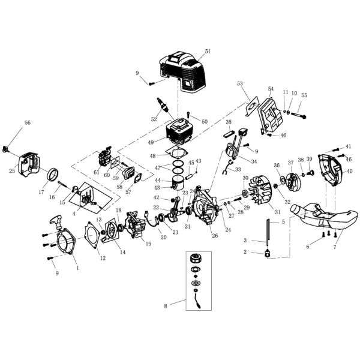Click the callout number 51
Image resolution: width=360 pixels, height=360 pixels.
click(x=208, y=52)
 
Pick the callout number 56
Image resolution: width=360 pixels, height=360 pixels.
click(x=27, y=122)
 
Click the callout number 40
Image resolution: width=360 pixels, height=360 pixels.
click(x=350, y=171)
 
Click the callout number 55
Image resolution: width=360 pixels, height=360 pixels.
click(x=304, y=95)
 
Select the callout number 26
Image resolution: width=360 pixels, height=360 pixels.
click(x=215, y=235)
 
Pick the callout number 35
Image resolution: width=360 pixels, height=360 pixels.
click(x=229, y=122)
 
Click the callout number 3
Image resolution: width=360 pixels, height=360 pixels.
click(x=245, y=240)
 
